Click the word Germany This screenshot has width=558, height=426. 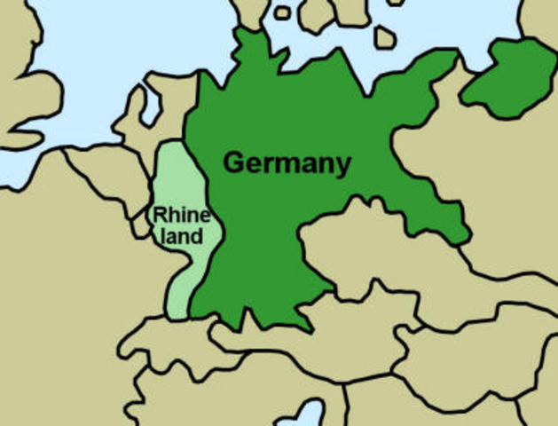point(287,164)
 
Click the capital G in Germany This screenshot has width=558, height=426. point(233,163)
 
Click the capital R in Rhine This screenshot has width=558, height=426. point(160,215)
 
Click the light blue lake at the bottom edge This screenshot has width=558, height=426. point(311,414)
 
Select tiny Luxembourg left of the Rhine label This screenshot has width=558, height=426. point(141,224)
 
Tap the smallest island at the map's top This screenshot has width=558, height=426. point(281,12)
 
